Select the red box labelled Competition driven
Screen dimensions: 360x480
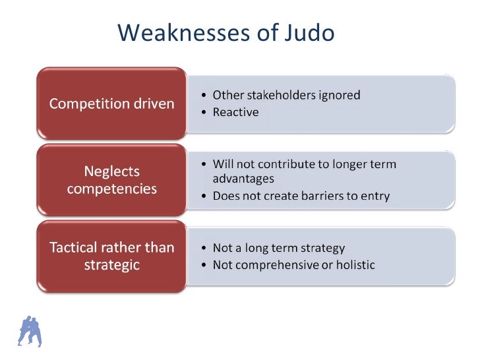coord(113,104)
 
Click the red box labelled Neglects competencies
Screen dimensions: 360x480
coord(113,180)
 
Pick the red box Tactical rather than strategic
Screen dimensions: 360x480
coord(113,256)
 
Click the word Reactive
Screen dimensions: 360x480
coord(235,112)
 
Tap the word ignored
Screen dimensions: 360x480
coord(340,95)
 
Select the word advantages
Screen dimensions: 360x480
coord(243,179)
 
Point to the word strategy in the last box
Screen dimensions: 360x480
coord(322,249)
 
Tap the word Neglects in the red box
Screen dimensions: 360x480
coord(112,171)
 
